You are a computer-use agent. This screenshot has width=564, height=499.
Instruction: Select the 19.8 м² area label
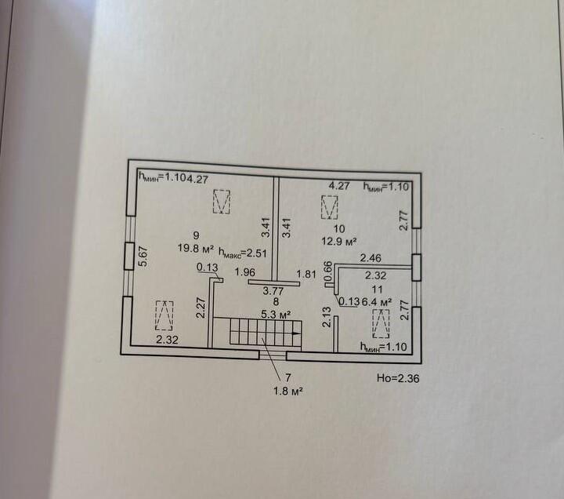[195, 249]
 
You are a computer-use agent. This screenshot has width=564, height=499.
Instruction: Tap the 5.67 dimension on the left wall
[143, 257]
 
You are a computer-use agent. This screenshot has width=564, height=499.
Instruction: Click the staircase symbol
[258, 333]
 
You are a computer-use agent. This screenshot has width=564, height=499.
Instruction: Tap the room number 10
[339, 228]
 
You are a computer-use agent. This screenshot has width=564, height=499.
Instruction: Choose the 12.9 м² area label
[340, 242]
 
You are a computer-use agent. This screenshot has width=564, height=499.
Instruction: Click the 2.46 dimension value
[371, 257]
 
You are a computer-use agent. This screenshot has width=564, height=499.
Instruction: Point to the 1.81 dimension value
[306, 274]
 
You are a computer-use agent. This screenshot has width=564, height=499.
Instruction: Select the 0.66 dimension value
[329, 271]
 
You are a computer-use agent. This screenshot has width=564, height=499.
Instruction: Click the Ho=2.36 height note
[398, 377]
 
